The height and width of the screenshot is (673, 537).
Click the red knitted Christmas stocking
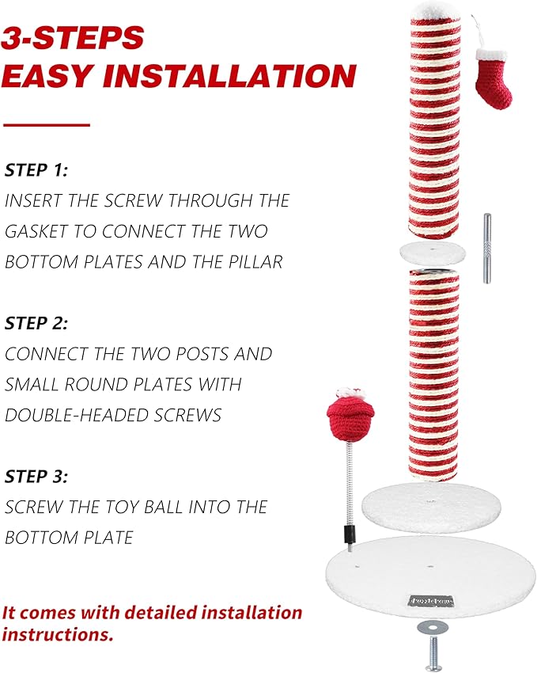[x=494, y=78]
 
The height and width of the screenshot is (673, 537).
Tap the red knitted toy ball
[x=350, y=416]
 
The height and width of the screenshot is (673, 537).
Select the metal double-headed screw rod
[x=487, y=248]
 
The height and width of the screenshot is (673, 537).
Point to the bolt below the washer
[x=433, y=654]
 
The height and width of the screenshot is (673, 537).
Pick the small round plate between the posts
[x=433, y=253]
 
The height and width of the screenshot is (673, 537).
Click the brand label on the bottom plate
[x=432, y=601]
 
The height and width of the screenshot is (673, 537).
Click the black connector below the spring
[x=349, y=535]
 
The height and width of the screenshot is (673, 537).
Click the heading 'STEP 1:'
[x=36, y=170]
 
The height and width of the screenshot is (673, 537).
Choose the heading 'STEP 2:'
[x=36, y=323]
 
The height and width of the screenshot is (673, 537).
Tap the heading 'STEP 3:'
[x=36, y=477]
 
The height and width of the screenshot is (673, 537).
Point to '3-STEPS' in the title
[x=73, y=38]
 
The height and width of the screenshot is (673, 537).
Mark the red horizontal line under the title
[x=47, y=125]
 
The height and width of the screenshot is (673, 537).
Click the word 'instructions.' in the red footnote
[x=58, y=635]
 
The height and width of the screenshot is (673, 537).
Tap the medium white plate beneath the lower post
[x=432, y=507]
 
